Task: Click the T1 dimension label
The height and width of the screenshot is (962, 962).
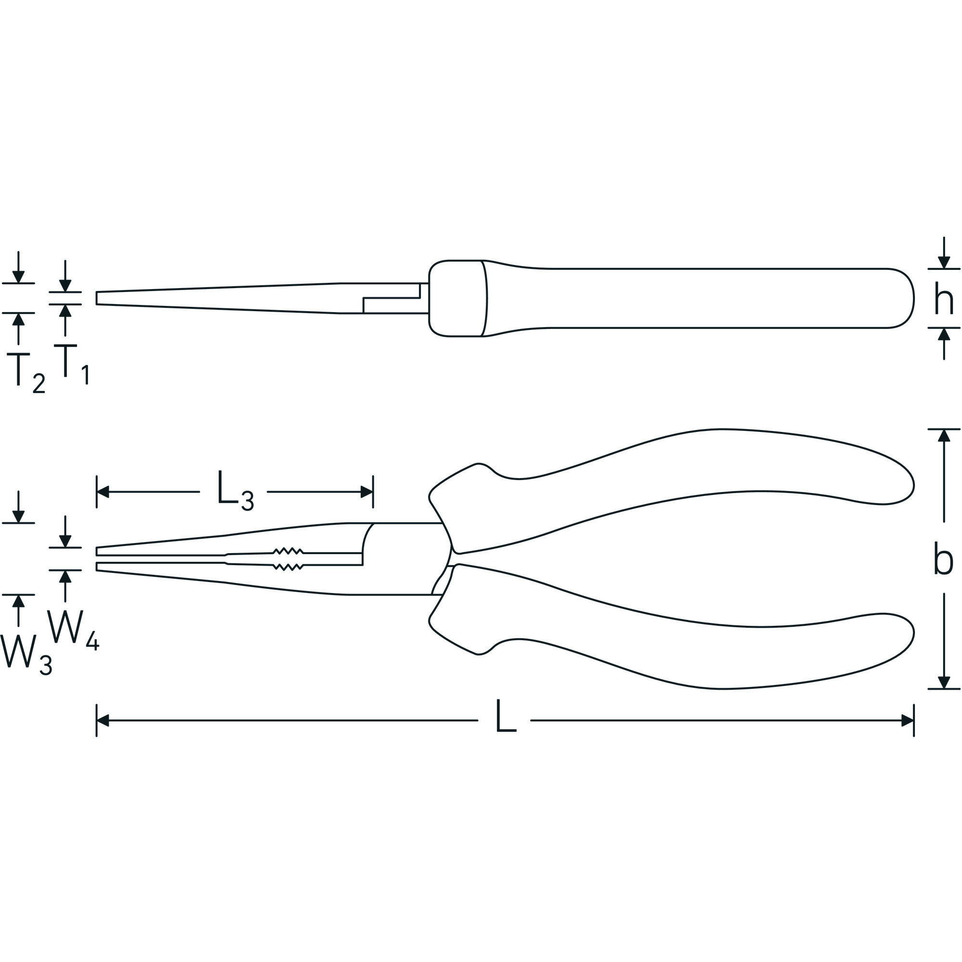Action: (x=72, y=366)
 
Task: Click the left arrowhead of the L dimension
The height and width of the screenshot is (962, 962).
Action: (x=102, y=721)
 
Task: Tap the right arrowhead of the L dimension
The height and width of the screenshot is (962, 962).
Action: (x=908, y=721)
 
